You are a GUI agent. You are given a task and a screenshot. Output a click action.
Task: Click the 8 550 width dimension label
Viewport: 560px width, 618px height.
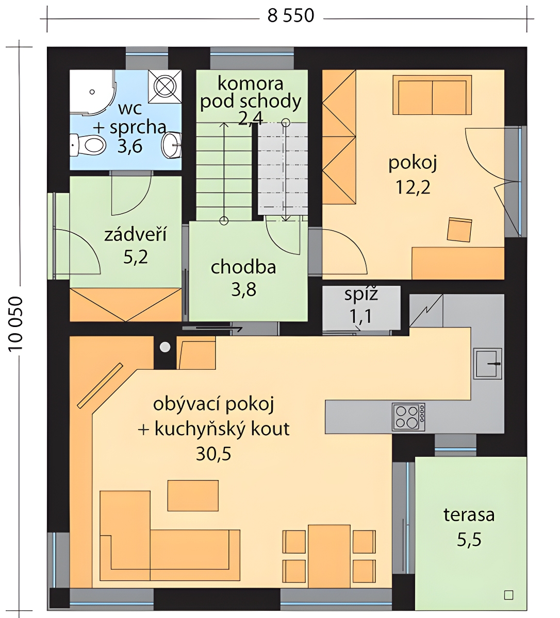click(291, 16)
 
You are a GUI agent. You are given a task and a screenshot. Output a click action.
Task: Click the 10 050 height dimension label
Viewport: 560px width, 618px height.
click(15, 323)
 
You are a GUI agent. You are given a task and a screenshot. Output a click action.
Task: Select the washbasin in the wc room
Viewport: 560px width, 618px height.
click(172, 145)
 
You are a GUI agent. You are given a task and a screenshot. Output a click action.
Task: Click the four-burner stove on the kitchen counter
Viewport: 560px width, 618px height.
click(408, 417)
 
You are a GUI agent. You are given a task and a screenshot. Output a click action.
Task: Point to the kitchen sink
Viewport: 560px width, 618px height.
click(487, 364)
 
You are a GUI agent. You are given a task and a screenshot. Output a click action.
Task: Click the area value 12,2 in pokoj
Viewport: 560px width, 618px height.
click(413, 187)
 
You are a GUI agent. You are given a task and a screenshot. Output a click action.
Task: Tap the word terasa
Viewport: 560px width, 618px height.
click(469, 514)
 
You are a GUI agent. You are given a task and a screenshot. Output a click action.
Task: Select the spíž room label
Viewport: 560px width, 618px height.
click(361, 295)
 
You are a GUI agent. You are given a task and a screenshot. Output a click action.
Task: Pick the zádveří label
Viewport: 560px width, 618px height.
click(135, 234)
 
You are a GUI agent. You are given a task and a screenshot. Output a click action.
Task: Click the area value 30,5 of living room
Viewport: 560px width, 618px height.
click(213, 454)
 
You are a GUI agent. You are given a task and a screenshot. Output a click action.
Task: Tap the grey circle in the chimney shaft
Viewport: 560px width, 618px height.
click(165, 347)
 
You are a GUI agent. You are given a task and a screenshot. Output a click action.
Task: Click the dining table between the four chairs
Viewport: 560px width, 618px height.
click(329, 557)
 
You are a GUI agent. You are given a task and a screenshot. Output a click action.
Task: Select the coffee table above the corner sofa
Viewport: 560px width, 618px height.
click(193, 496)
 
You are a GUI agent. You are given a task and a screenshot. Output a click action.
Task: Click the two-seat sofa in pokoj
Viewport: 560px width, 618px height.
click(432, 95)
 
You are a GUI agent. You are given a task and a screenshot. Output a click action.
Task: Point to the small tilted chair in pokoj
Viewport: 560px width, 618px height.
click(459, 230)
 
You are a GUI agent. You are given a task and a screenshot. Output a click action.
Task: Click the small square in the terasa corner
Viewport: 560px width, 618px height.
click(508, 595)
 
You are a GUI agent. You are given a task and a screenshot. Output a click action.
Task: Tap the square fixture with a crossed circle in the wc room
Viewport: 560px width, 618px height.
click(165, 87)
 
